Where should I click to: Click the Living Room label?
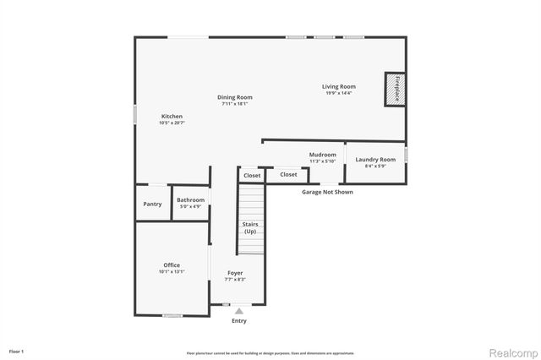[338, 86]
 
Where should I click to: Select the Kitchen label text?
[172, 116]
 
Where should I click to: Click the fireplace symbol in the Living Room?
[394, 90]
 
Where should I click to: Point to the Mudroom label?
[322, 155]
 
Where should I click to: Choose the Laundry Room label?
[375, 159]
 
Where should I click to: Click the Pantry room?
[152, 204]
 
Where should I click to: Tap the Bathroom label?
[190, 199]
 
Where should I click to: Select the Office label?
[172, 265]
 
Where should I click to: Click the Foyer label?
[236, 273]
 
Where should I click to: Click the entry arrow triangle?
[239, 311]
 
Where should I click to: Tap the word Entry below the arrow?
[239, 321]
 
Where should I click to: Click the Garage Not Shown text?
[327, 192]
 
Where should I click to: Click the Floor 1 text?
[17, 350]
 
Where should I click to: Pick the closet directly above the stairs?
[251, 175]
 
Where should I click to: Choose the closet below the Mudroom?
[288, 174]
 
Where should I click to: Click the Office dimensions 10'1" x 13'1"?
[172, 272]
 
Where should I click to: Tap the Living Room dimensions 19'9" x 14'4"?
[338, 93]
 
